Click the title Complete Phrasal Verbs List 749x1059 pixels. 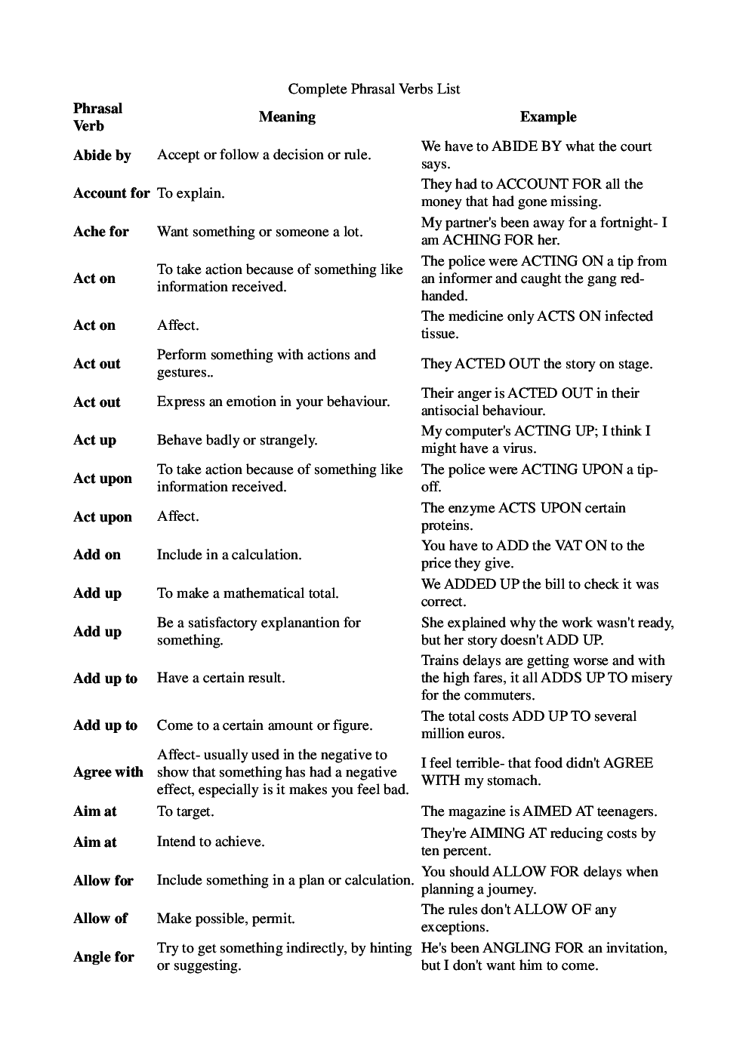(x=374, y=89)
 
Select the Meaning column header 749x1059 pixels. (x=287, y=117)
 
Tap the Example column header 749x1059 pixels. (x=547, y=117)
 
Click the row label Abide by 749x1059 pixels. (x=102, y=155)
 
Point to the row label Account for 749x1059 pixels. (x=111, y=193)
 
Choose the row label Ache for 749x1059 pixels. (x=101, y=232)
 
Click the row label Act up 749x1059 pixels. (x=94, y=440)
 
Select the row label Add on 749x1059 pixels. (x=97, y=555)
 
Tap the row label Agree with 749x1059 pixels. (x=108, y=772)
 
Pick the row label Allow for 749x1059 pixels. (x=103, y=881)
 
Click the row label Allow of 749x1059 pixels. (x=100, y=919)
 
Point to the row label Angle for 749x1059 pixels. (x=103, y=957)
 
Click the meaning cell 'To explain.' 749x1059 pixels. (x=190, y=193)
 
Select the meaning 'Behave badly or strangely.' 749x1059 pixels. (x=236, y=440)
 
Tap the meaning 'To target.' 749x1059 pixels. (x=185, y=811)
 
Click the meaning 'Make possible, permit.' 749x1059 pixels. (x=225, y=919)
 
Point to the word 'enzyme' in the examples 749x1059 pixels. (x=472, y=508)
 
